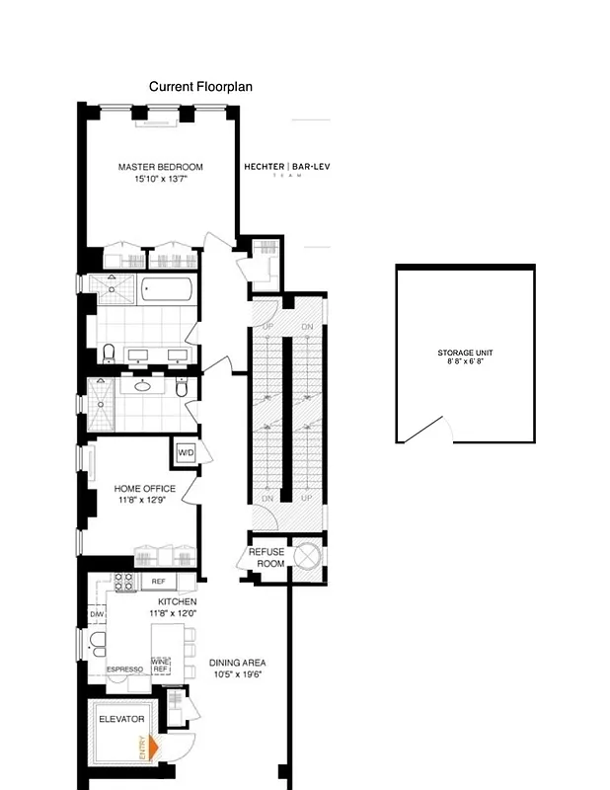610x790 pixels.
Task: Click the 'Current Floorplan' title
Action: pos(200,87)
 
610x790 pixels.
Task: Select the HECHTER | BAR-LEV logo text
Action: pos(287,167)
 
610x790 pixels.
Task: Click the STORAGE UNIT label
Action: pos(465,354)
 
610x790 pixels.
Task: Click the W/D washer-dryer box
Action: pos(186,453)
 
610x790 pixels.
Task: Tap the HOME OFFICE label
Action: pos(145,489)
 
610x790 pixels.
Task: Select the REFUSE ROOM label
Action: pos(266,557)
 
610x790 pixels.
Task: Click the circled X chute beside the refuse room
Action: pos(306,556)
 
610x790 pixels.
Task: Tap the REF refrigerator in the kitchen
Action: pos(158,582)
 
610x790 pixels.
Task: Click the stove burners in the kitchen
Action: pos(124,583)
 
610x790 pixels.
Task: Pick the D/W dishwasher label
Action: pos(97,615)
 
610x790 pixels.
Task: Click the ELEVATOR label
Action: pos(120,719)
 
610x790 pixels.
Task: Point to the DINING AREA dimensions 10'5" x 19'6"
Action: pos(236,674)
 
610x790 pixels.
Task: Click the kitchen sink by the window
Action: pos(98,644)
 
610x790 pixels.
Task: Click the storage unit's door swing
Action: pos(432,431)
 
